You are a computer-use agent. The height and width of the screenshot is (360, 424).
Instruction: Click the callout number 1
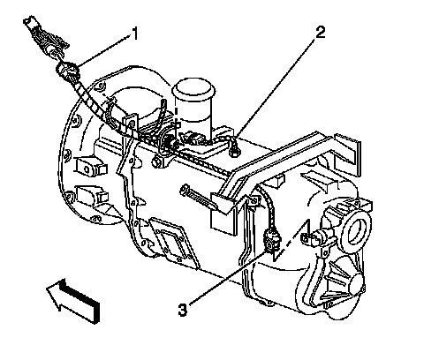click(x=134, y=34)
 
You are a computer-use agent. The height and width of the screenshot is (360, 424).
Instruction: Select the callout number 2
click(x=320, y=32)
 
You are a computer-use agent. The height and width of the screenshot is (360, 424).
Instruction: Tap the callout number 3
click(x=183, y=310)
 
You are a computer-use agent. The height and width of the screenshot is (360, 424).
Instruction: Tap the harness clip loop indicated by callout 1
click(x=68, y=71)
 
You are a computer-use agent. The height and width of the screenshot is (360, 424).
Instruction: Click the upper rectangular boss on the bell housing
click(x=90, y=168)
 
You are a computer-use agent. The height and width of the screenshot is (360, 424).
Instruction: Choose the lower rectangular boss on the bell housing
click(x=91, y=195)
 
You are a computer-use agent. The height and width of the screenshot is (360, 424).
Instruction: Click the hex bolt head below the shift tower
click(x=156, y=162)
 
